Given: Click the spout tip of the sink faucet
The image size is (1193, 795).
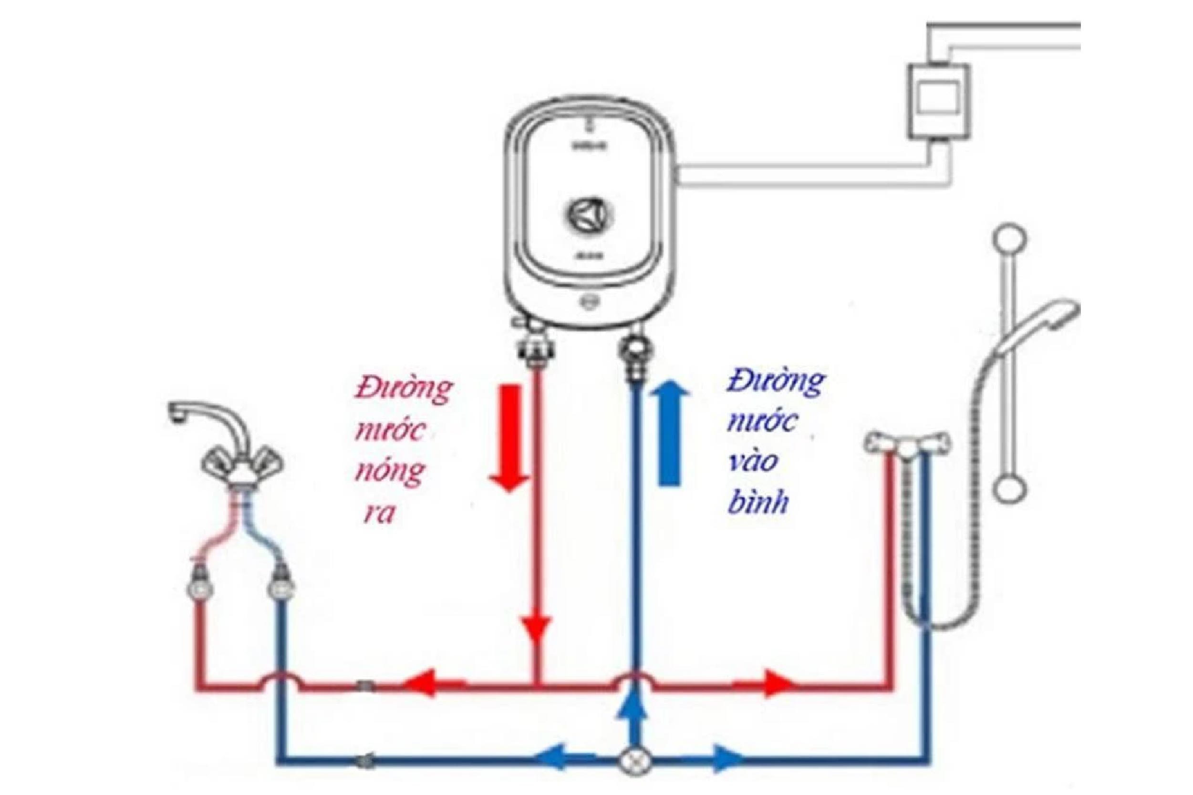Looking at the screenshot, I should click(176, 418).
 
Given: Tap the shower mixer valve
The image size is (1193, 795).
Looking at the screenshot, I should click(908, 444).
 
